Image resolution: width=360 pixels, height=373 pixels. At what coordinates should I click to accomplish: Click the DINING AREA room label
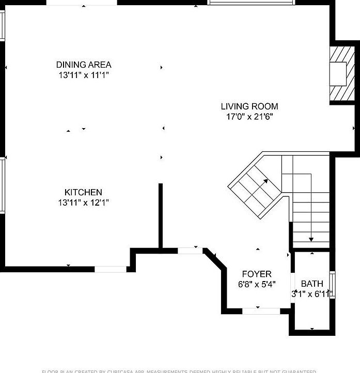[x=84, y=65]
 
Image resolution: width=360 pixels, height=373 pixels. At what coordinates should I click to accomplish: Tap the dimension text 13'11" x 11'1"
[x=84, y=75]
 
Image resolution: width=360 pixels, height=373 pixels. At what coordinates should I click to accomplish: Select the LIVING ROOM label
[x=249, y=106]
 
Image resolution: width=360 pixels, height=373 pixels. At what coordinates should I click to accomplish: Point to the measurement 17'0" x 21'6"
[x=249, y=117]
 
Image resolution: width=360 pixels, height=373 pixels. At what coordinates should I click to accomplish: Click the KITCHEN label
[x=83, y=192]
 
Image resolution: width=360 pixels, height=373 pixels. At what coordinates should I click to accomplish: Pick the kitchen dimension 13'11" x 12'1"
[x=83, y=203]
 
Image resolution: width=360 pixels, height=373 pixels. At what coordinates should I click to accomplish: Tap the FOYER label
[x=257, y=274]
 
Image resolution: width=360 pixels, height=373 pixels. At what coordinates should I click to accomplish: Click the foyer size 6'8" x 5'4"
[x=257, y=284]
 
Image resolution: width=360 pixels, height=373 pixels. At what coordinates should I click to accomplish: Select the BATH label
[x=312, y=284]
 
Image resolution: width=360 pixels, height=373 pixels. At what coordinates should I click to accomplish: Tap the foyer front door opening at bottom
[x=261, y=310]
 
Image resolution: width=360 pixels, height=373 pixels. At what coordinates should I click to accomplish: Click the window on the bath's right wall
[x=332, y=285]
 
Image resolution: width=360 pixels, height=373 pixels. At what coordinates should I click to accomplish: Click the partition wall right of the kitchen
[x=161, y=216]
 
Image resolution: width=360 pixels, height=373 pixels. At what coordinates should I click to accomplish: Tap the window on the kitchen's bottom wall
[x=111, y=269]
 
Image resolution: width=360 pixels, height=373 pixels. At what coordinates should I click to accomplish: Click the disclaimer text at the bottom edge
[x=180, y=370]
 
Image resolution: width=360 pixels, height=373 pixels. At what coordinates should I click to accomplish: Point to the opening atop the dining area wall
[x=82, y=2]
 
